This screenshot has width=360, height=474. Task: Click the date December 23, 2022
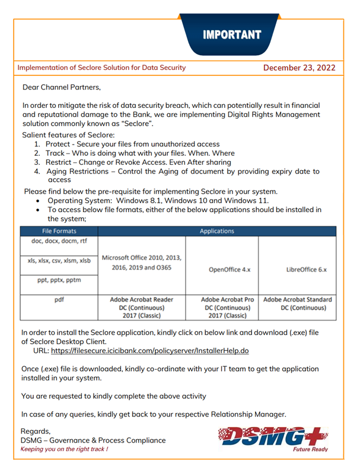click(x=300, y=68)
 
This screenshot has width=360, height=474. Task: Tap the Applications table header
click(x=217, y=231)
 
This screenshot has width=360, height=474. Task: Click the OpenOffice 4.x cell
click(x=222, y=270)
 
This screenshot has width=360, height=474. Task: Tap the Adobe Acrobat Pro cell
click(x=222, y=308)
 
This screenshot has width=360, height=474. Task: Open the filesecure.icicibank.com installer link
click(x=149, y=351)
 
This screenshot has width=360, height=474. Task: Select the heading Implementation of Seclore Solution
click(x=101, y=68)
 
